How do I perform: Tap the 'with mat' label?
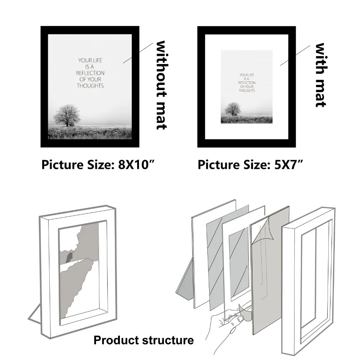point(320,75)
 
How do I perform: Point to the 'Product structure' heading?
point(144,340)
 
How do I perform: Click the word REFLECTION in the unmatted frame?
point(90,73)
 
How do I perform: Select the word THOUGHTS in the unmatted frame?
point(90,86)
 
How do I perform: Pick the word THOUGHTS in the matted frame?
point(247,90)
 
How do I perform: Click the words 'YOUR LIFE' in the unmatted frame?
point(90,60)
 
